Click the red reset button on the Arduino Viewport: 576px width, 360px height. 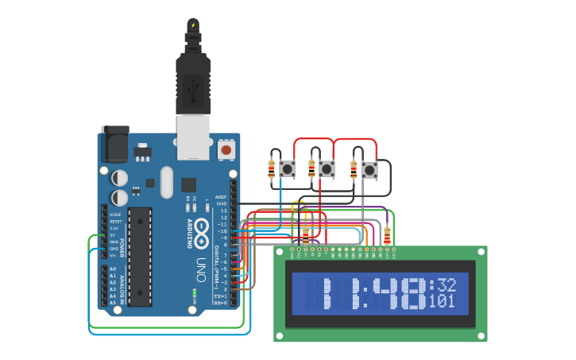click(x=226, y=149)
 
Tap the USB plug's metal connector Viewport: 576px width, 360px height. click(x=192, y=130)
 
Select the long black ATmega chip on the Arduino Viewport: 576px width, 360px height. click(x=140, y=257)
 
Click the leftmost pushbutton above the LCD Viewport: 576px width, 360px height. click(x=287, y=168)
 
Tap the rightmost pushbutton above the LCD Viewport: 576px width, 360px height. click(x=369, y=169)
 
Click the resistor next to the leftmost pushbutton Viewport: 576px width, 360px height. click(x=272, y=168)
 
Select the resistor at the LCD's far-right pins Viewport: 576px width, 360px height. click(x=387, y=235)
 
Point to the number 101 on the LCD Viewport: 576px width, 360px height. click(x=442, y=302)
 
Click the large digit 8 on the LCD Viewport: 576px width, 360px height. click(x=411, y=294)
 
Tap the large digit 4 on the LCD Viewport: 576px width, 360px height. click(x=381, y=294)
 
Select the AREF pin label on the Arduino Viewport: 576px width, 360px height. click(x=222, y=196)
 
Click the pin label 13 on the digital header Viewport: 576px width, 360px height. click(x=224, y=211)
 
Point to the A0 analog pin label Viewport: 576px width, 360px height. click(x=112, y=269)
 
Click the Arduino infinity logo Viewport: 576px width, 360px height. click(x=203, y=230)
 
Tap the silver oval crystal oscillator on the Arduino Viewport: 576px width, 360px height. click(x=166, y=182)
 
